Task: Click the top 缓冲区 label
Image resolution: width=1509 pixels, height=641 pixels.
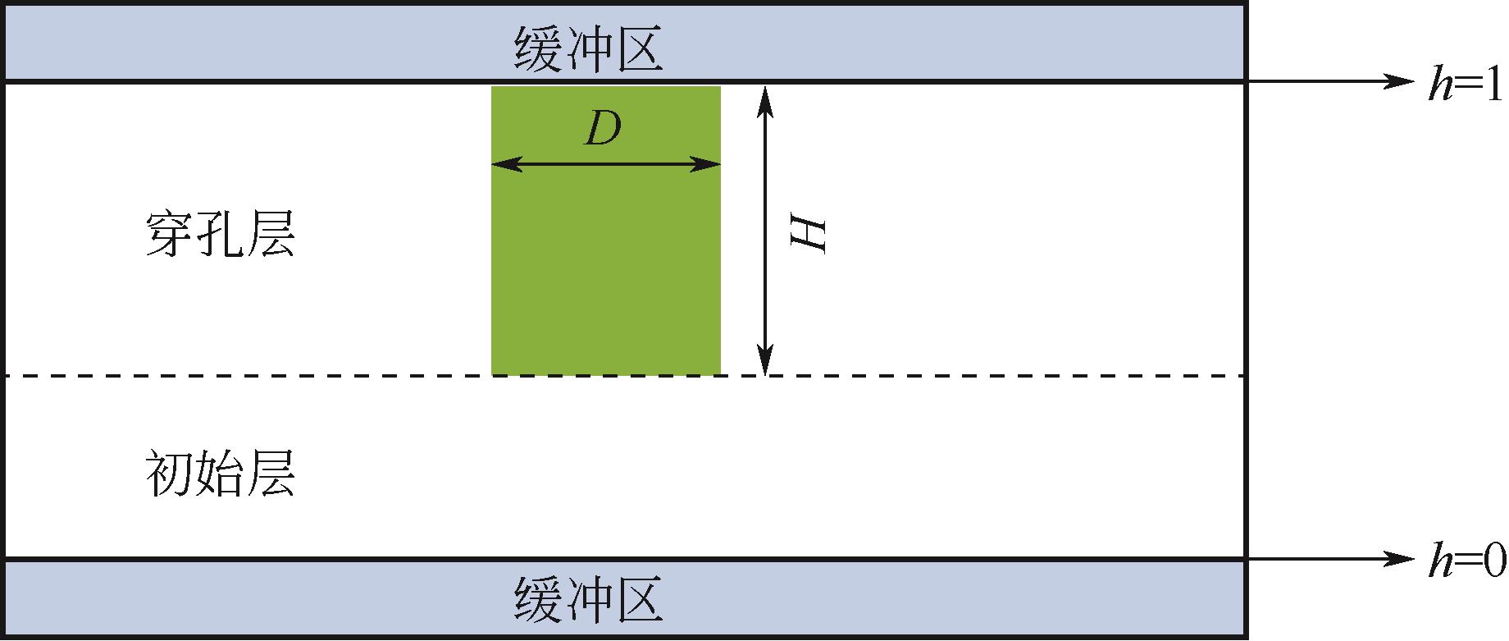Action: (x=588, y=48)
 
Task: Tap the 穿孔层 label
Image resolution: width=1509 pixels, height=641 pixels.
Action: (x=220, y=236)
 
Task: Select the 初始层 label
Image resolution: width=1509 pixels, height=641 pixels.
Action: (x=220, y=474)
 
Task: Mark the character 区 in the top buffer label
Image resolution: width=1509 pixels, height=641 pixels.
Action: (x=637, y=48)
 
